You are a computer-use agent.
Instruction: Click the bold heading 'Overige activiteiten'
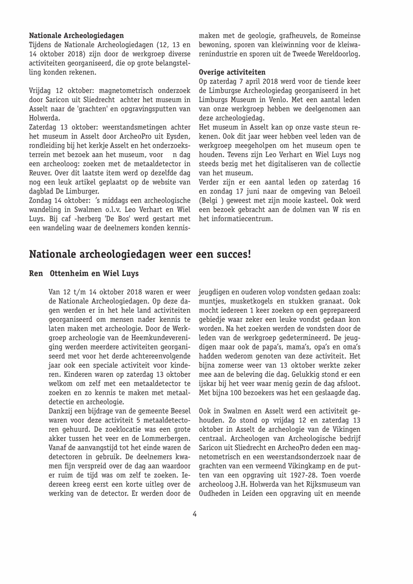232,73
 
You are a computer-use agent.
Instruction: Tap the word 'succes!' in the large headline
234,254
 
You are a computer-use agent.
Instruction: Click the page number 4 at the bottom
195,514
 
